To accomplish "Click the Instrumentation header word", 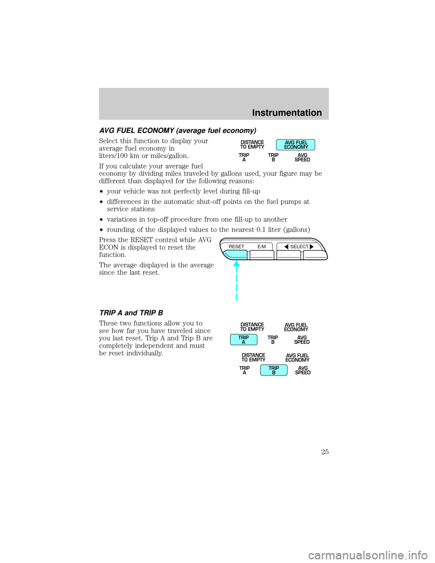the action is [287, 113].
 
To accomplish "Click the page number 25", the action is [325, 451].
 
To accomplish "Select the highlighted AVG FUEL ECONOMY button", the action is [295, 145].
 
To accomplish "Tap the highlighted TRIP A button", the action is [244, 340].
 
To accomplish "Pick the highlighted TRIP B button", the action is [274, 370].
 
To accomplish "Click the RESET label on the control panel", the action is [237, 247].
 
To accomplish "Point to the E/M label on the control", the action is [261, 247].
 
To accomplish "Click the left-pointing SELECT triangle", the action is [286, 247].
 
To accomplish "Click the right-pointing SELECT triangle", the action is [311, 247].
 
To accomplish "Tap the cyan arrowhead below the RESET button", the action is [237, 264].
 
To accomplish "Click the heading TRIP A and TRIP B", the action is [131, 313].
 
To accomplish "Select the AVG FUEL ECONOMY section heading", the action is [178, 131].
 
